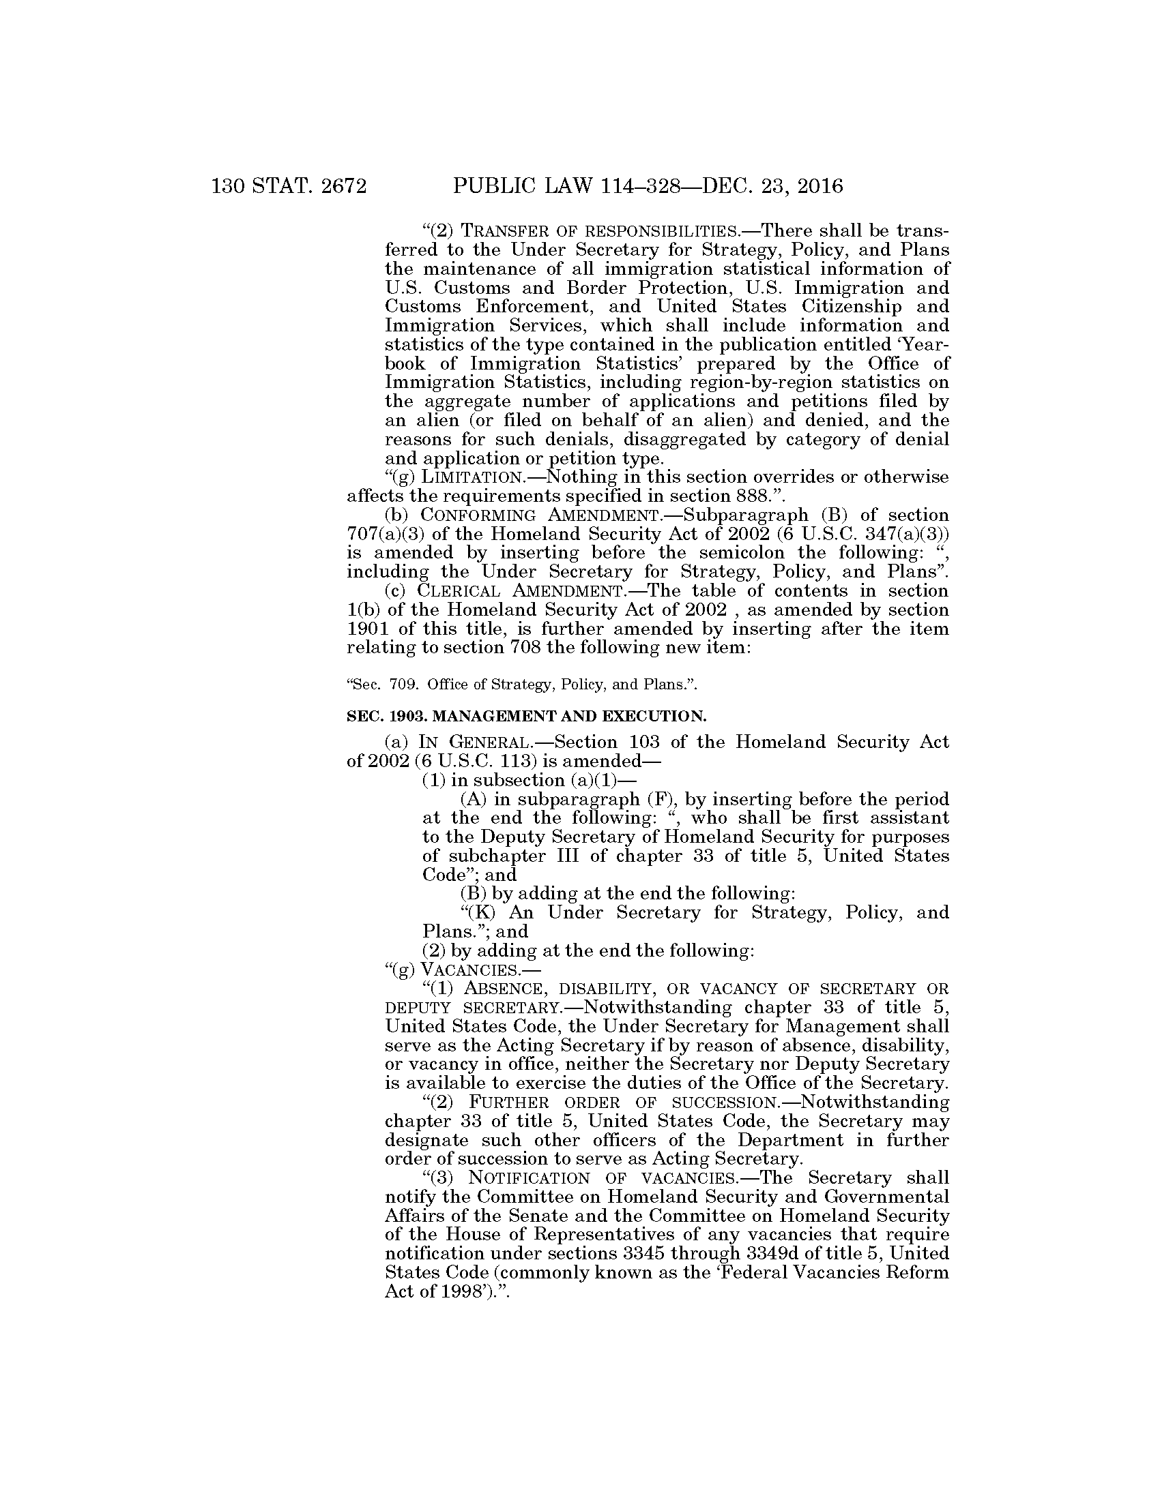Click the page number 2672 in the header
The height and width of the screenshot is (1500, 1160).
[x=336, y=186]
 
